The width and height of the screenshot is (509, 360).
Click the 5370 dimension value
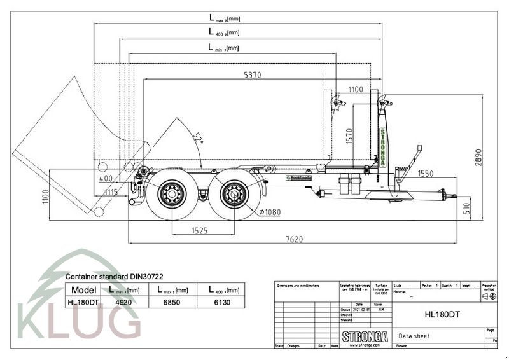pos(252,74)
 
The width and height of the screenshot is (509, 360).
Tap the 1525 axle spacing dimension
pos(199,230)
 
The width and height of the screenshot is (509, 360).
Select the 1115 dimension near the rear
pos(111,191)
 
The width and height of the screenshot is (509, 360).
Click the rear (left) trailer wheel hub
pos(171,192)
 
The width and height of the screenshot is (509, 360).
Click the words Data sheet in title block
pos(414,335)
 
